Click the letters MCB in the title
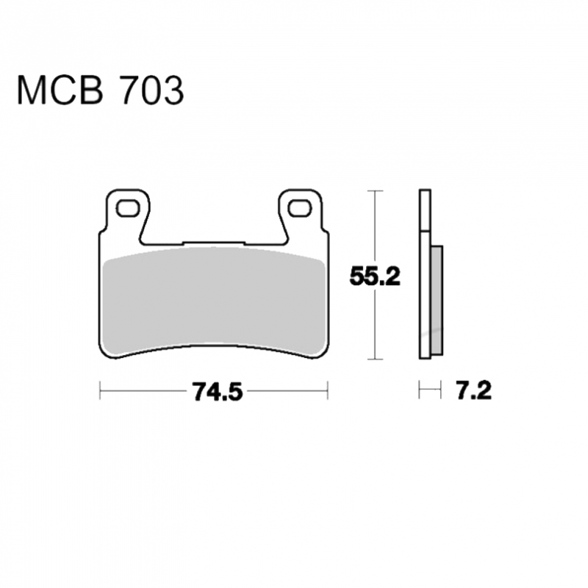(x=60, y=90)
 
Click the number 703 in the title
(x=151, y=90)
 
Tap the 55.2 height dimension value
(x=375, y=277)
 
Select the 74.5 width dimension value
(x=218, y=391)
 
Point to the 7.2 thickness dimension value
(x=474, y=391)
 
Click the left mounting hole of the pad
(x=128, y=208)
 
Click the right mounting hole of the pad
(x=300, y=209)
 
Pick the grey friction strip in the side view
(x=437, y=301)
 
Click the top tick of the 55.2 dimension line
(x=375, y=191)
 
